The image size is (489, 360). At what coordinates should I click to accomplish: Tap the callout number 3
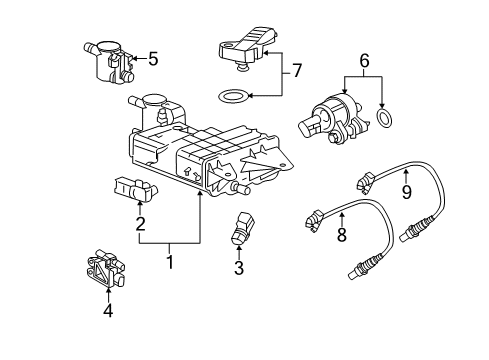coord(238,268)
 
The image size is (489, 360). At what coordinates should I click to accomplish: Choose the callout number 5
coord(153,59)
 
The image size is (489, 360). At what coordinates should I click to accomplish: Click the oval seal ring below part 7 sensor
coord(233,97)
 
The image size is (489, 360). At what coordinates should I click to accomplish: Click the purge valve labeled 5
coord(109,61)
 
